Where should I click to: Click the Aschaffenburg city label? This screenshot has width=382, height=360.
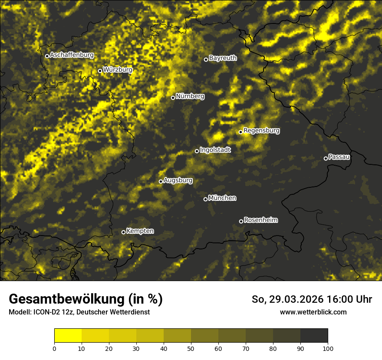pos(72,55)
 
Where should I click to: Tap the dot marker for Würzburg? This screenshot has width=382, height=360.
pos(100,71)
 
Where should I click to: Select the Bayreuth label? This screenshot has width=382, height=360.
pos(223,58)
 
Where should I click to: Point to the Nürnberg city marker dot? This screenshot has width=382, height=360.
pos(173,98)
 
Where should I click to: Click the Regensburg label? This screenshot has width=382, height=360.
pos(261,130)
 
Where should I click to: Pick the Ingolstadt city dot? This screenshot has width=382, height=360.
pos(197,151)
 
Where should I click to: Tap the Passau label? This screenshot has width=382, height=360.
pos(339,157)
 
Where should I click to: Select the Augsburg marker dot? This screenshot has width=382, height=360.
pos(161,181)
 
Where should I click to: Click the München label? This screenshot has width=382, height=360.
pos(222,198)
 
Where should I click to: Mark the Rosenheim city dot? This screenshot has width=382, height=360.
pos(241,222)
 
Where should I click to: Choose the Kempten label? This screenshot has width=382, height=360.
pos(140,231)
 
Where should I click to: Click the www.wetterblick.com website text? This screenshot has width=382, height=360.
pos(313,312)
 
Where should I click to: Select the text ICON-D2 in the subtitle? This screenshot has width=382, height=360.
pos(46,312)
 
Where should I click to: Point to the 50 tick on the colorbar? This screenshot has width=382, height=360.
pos(191,348)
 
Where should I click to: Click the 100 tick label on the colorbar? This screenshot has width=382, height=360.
pos(328,348)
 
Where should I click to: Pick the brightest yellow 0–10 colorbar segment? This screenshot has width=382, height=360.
pos(68,335)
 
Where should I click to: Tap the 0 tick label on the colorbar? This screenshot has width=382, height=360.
pos(54,348)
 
